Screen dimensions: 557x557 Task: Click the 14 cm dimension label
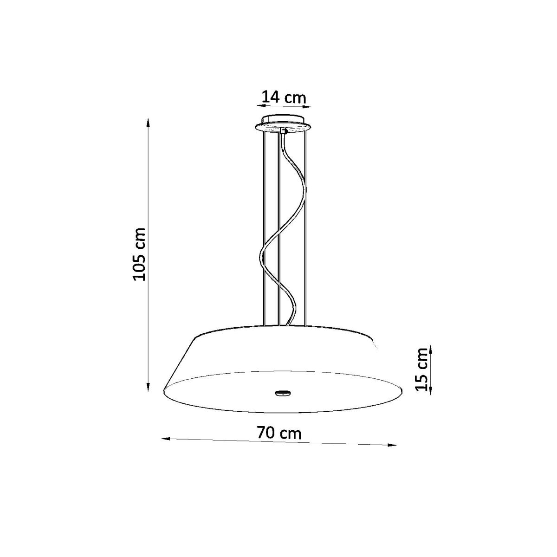284,97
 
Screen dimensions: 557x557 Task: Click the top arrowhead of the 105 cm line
148,123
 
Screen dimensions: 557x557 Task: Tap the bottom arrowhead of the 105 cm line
148,387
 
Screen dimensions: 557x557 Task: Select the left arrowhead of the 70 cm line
166,447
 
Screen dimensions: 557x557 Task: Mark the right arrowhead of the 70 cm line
392,453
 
